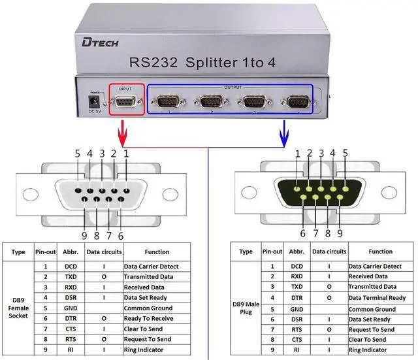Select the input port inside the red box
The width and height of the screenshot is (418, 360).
click(125, 102)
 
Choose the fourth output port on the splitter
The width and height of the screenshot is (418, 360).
click(298, 102)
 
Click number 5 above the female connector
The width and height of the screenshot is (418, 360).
click(77, 154)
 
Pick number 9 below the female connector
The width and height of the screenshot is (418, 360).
click(84, 236)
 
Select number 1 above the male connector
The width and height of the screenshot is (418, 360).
click(298, 154)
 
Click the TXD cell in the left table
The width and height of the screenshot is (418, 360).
click(71, 277)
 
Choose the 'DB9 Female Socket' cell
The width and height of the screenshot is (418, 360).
click(18, 308)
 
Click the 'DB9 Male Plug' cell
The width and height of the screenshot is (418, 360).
click(246, 308)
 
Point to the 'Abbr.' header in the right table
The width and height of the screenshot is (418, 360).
click(295, 252)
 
